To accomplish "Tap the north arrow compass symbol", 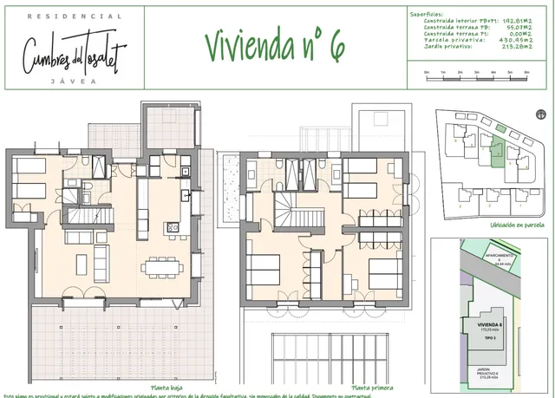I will (541, 113).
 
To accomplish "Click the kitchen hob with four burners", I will (173, 228).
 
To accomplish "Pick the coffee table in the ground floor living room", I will (79, 262).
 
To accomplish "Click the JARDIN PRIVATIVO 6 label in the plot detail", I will (492, 375).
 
